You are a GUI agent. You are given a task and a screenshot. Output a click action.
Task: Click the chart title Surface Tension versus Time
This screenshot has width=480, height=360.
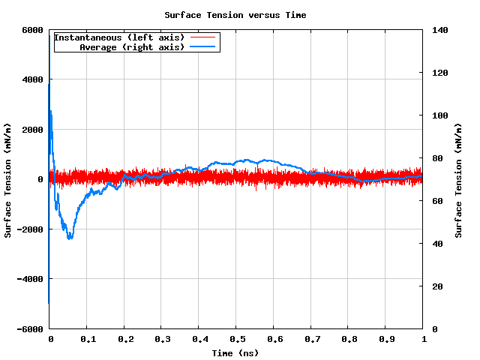coord(235,15)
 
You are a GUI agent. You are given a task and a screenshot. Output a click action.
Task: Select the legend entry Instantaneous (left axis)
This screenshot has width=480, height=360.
coord(119,37)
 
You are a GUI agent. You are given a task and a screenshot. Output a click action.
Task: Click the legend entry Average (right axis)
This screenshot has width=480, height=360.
coord(131,47)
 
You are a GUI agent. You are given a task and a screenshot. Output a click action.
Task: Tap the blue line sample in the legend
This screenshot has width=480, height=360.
coord(203,47)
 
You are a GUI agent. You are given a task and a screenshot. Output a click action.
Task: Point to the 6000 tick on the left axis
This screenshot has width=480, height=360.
coord(31,30)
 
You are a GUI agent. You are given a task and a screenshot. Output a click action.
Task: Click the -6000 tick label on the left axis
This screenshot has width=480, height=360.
coord(29,328)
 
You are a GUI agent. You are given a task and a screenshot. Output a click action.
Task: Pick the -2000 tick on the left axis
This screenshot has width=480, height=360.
coord(29,229)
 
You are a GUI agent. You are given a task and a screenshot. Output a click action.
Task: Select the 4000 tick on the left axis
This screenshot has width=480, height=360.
coord(31,79)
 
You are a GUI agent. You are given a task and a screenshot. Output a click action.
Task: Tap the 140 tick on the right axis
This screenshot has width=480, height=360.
coord(439,30)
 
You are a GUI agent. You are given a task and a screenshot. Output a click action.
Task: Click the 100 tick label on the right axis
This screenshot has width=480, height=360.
coord(439,115)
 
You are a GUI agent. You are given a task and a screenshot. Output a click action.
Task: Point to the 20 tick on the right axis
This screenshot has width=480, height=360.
coord(436,286)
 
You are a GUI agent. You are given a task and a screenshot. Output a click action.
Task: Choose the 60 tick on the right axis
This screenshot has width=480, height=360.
coord(436,201)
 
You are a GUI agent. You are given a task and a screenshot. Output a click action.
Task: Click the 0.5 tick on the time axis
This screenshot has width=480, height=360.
coord(235,340)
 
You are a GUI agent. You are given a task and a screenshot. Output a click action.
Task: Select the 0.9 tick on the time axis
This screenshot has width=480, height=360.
coord(385,340)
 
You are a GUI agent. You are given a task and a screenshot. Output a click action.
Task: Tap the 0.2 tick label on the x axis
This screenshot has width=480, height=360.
coord(124,340)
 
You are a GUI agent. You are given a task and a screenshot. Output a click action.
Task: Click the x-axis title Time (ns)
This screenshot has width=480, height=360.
coord(235,352)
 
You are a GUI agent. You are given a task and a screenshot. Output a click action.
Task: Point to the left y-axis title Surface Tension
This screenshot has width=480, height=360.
coord(8,180)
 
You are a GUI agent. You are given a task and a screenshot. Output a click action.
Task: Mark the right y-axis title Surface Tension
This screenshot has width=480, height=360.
coord(458,180)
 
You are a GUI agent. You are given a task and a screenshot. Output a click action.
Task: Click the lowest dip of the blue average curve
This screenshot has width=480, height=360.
coord(70,238)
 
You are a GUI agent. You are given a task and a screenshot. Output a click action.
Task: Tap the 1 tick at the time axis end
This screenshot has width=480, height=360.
coord(423,340)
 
